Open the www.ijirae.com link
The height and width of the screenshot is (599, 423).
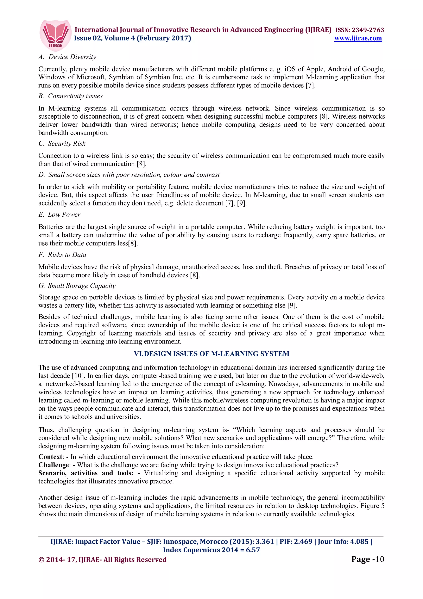358,38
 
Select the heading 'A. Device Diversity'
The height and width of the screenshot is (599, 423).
67,57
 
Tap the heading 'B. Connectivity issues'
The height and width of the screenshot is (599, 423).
70,96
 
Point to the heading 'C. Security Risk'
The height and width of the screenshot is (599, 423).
62,143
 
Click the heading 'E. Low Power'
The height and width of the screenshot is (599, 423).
59,215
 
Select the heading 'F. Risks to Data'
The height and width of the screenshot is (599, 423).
62,255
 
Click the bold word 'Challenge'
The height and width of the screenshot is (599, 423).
54,465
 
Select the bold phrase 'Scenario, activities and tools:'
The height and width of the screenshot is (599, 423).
86,473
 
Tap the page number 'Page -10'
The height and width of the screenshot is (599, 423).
367,559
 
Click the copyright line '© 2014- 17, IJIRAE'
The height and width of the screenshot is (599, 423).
102,560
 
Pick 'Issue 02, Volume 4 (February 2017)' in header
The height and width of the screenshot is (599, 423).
132,38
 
